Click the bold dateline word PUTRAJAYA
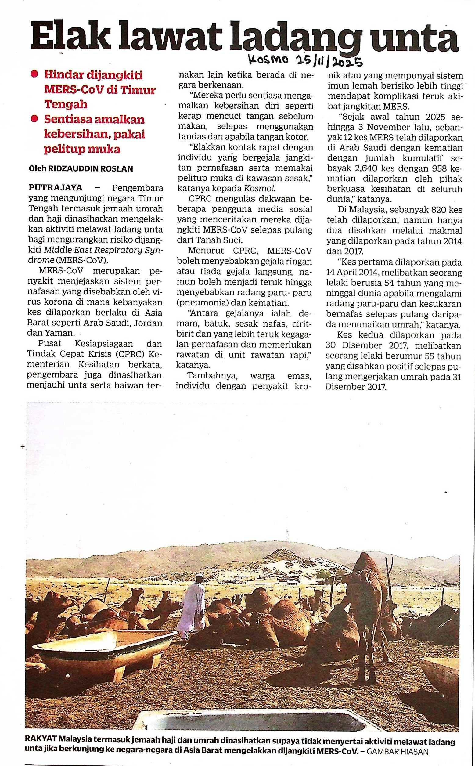point(55,188)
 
